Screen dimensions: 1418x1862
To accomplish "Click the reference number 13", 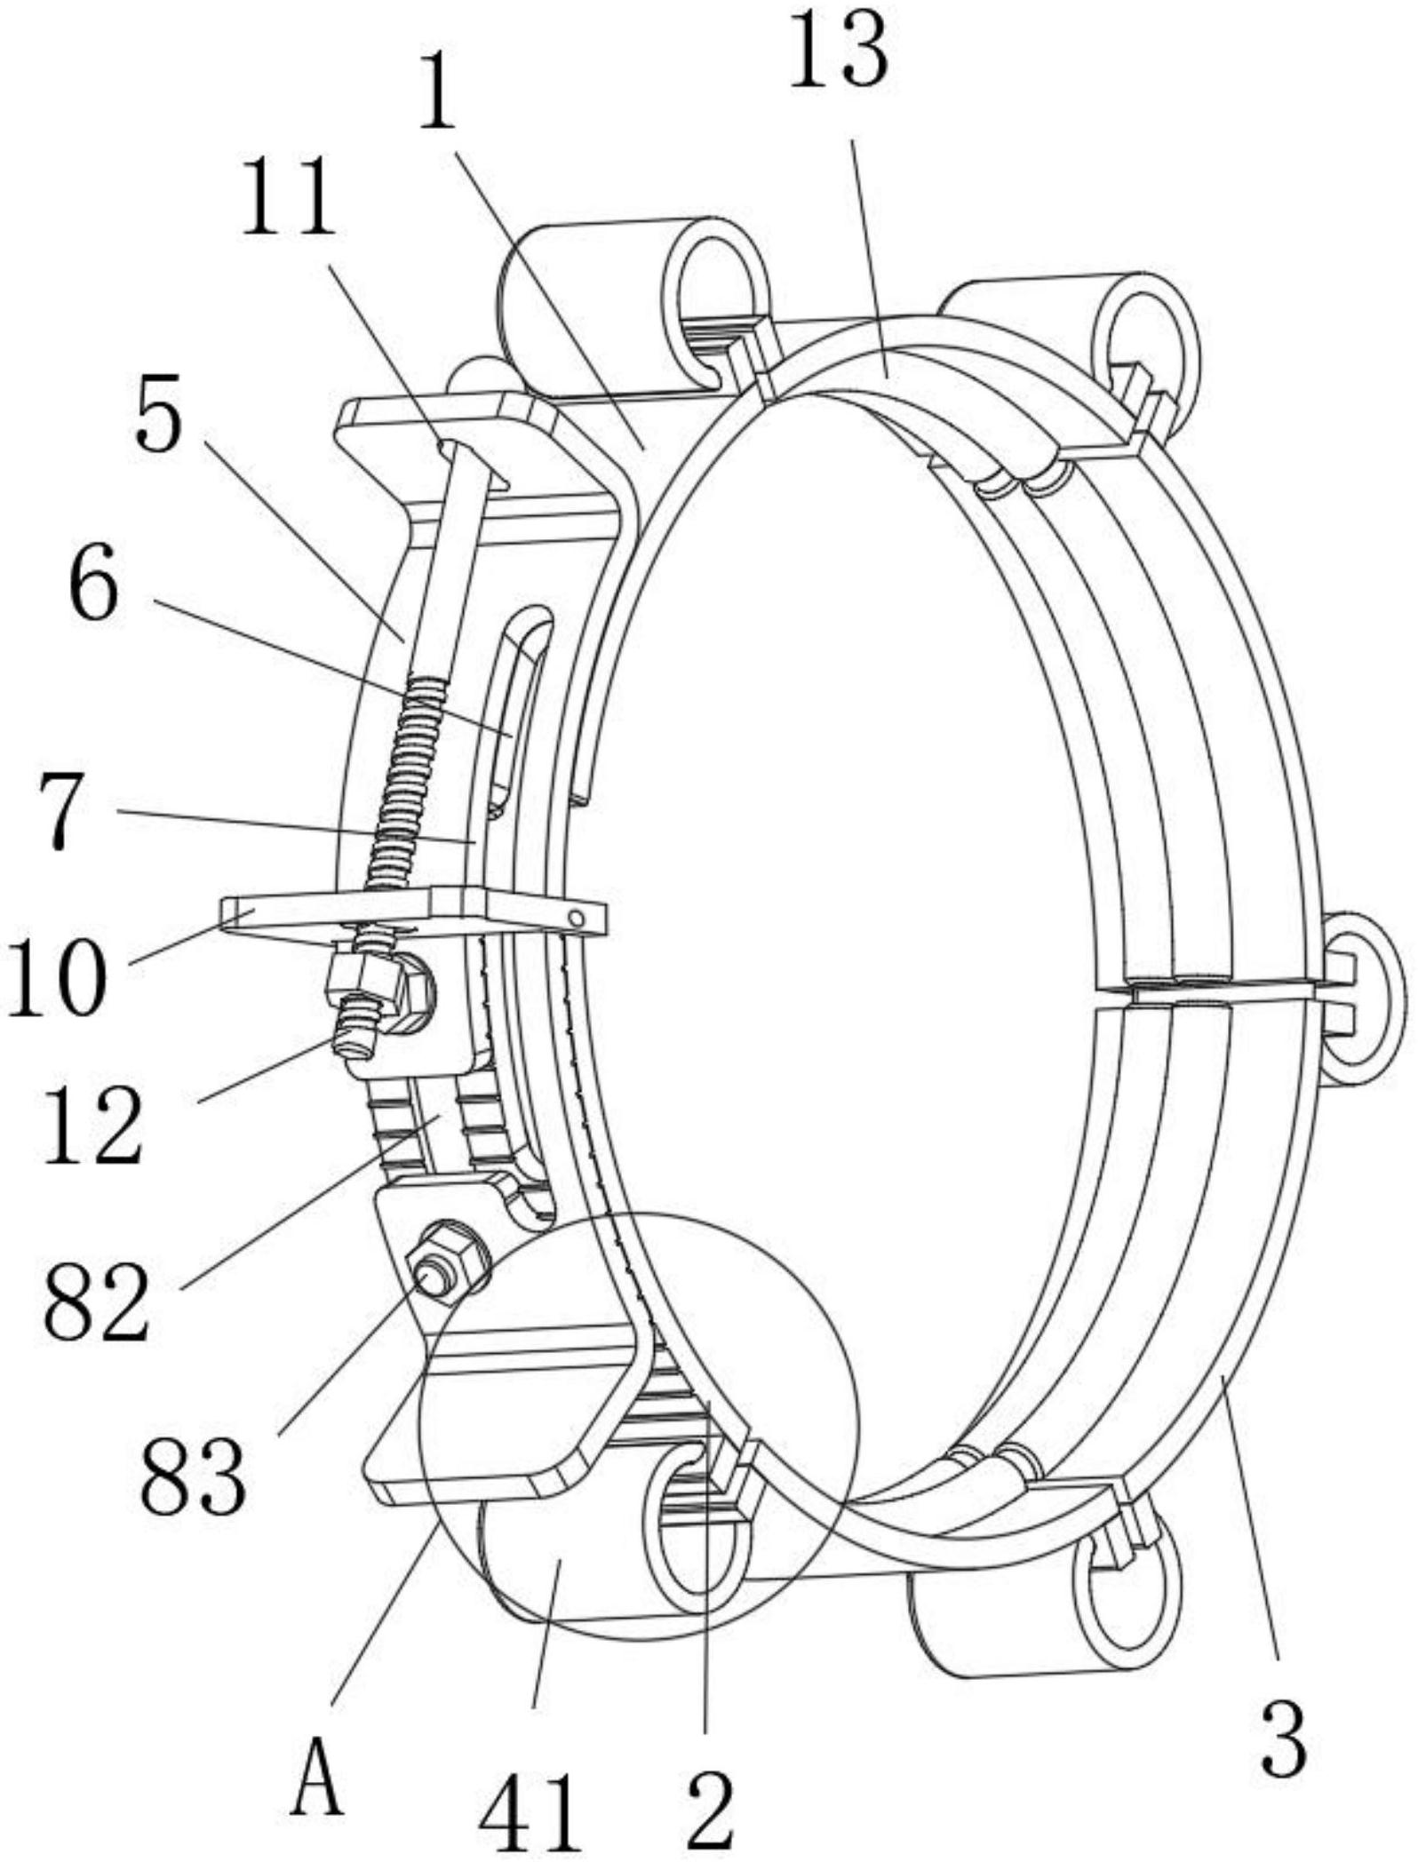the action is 837,55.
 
